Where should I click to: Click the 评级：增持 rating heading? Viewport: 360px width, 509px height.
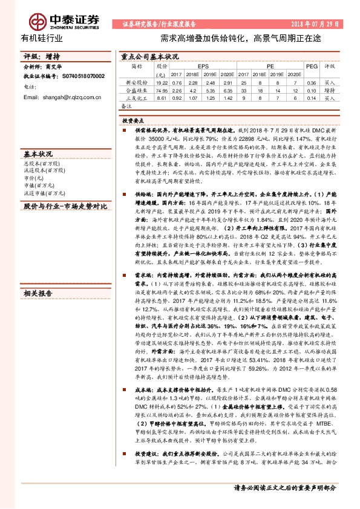pyautogui.click(x=38, y=56)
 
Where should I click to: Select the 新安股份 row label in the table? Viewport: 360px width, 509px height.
pyautogui.click(x=136, y=82)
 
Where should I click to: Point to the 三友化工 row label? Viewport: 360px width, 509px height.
pyautogui.click(x=136, y=97)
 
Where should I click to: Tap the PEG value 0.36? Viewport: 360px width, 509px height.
pyautogui.click(x=311, y=82)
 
